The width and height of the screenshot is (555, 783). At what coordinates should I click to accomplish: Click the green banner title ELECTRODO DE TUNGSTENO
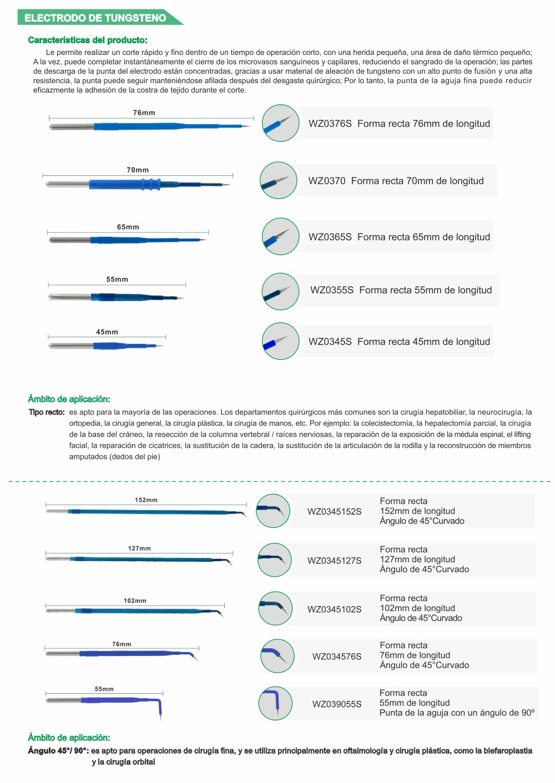coord(95,18)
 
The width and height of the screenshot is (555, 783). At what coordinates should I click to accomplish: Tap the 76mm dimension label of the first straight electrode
coord(144,113)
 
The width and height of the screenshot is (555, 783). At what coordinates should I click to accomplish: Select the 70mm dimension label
coord(138,170)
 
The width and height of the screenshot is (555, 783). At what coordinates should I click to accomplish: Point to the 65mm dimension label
coord(128,227)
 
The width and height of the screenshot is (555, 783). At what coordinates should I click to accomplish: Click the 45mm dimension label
coord(107,332)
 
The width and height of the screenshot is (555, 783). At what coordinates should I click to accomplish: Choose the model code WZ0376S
coord(330,124)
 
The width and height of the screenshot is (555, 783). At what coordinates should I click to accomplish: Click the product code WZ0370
coord(327,181)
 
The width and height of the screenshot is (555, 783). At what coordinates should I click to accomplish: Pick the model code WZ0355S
coord(332,290)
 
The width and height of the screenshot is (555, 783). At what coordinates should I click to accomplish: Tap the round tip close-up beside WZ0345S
coord(280,341)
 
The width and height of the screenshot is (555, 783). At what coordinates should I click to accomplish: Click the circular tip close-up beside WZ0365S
coord(280,237)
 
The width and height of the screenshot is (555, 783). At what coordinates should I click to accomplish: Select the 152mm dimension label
coord(146,500)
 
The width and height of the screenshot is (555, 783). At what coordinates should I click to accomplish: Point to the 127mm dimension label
coord(139,548)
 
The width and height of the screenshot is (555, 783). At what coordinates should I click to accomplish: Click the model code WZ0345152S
coord(335,511)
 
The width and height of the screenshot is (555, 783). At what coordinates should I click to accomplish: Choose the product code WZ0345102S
coord(335,609)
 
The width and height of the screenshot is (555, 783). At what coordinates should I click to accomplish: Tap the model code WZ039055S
coord(337,704)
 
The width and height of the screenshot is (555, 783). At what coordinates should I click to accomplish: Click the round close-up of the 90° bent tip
coord(275,703)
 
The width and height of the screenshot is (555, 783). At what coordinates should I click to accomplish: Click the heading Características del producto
coord(88,40)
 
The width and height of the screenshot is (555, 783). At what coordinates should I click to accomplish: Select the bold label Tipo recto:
coord(47,412)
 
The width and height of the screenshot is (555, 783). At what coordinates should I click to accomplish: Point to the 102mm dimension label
coord(135,601)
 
